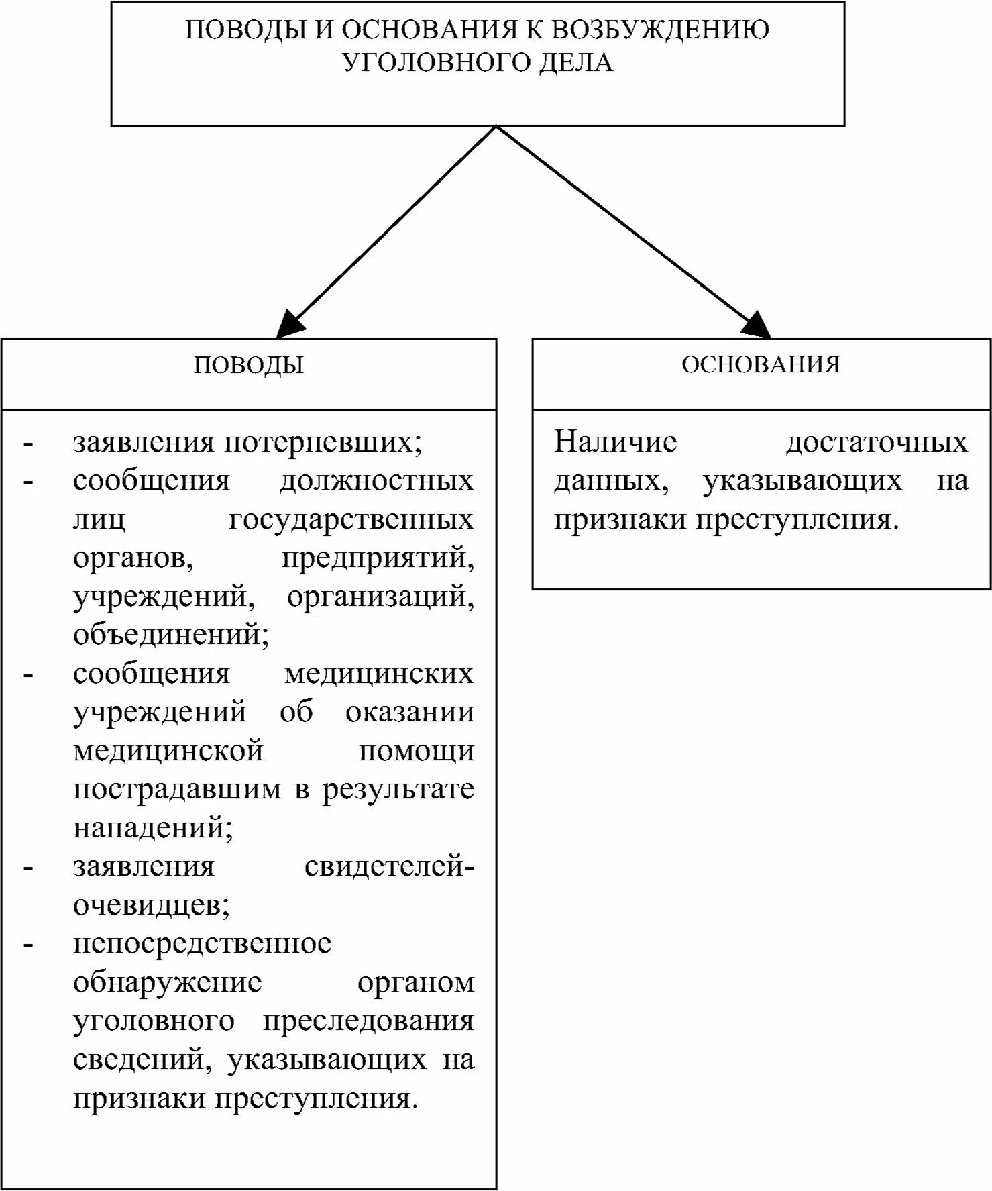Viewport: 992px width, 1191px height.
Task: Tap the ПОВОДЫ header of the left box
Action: point(249,365)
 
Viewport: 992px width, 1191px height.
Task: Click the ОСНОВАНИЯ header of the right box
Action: point(761,364)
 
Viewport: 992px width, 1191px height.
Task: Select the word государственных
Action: point(351,520)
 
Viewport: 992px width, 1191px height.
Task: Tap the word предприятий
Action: point(378,558)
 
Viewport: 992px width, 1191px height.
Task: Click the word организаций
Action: point(380,597)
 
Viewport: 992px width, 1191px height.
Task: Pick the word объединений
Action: point(171,635)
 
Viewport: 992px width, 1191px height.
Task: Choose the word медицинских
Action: point(379,674)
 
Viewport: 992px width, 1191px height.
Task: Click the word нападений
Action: point(153,828)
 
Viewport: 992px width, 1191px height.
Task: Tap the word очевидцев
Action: point(152,905)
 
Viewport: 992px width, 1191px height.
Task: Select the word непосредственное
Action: point(203,943)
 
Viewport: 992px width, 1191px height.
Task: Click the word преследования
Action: point(368,1021)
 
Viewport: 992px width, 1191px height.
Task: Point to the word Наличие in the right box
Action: point(616,442)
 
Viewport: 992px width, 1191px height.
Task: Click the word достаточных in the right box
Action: point(877,442)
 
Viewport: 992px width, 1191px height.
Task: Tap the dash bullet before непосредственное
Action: point(28,945)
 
